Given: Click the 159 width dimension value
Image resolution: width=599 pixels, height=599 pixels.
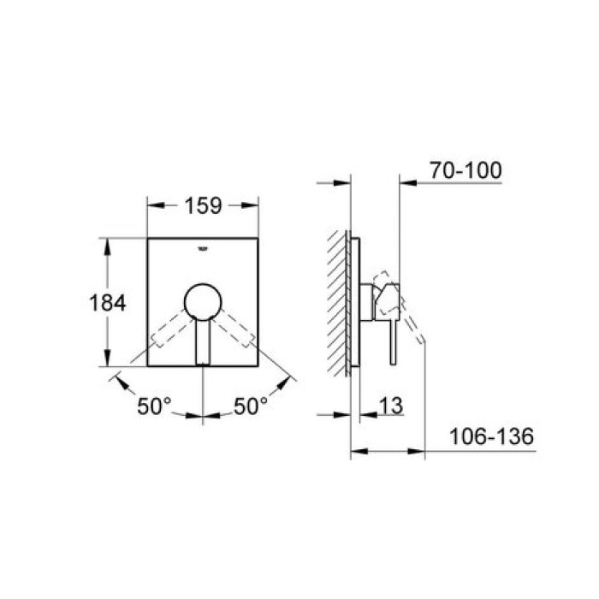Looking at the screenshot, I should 203,206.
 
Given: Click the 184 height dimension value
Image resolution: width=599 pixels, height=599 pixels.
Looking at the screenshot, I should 108,302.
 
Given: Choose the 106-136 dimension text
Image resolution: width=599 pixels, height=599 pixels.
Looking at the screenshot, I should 491,437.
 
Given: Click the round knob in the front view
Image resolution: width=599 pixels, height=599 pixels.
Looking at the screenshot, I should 202,302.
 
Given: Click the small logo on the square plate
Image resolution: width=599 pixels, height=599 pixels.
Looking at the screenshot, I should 203,249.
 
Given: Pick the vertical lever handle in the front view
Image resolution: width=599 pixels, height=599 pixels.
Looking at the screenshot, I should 202,342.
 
